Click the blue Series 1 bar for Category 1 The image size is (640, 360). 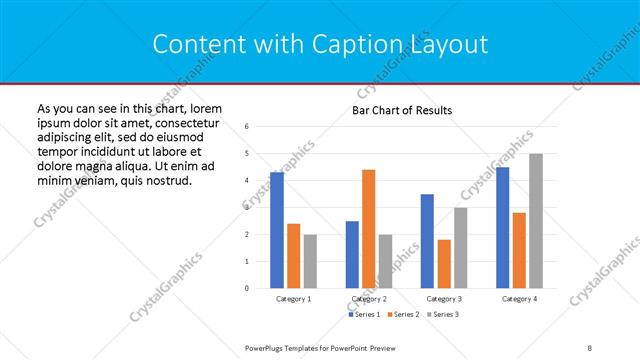(277, 230)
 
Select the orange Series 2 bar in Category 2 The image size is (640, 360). (369, 229)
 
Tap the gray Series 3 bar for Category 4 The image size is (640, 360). (536, 221)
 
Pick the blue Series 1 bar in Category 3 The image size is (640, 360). (427, 241)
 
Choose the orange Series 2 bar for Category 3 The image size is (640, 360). (444, 264)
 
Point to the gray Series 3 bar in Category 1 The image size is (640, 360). (310, 261)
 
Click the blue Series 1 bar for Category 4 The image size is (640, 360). (502, 227)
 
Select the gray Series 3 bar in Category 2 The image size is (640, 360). (386, 261)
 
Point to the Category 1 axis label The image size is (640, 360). (293, 299)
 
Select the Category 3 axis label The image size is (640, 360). (443, 299)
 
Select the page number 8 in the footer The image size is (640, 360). (590, 347)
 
